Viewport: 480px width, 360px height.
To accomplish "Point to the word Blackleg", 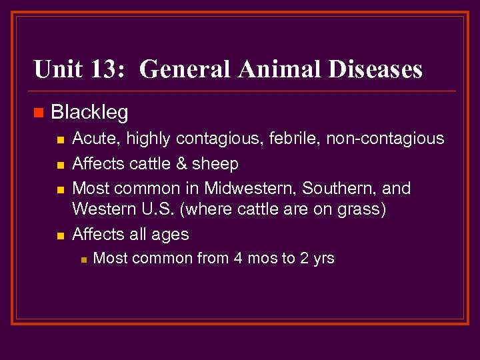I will pyautogui.click(x=89, y=113).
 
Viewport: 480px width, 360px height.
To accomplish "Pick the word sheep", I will pyautogui.click(x=215, y=164).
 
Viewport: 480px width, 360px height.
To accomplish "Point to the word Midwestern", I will pyautogui.click(x=251, y=189).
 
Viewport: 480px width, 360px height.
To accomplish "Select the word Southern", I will pyautogui.click(x=340, y=189).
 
